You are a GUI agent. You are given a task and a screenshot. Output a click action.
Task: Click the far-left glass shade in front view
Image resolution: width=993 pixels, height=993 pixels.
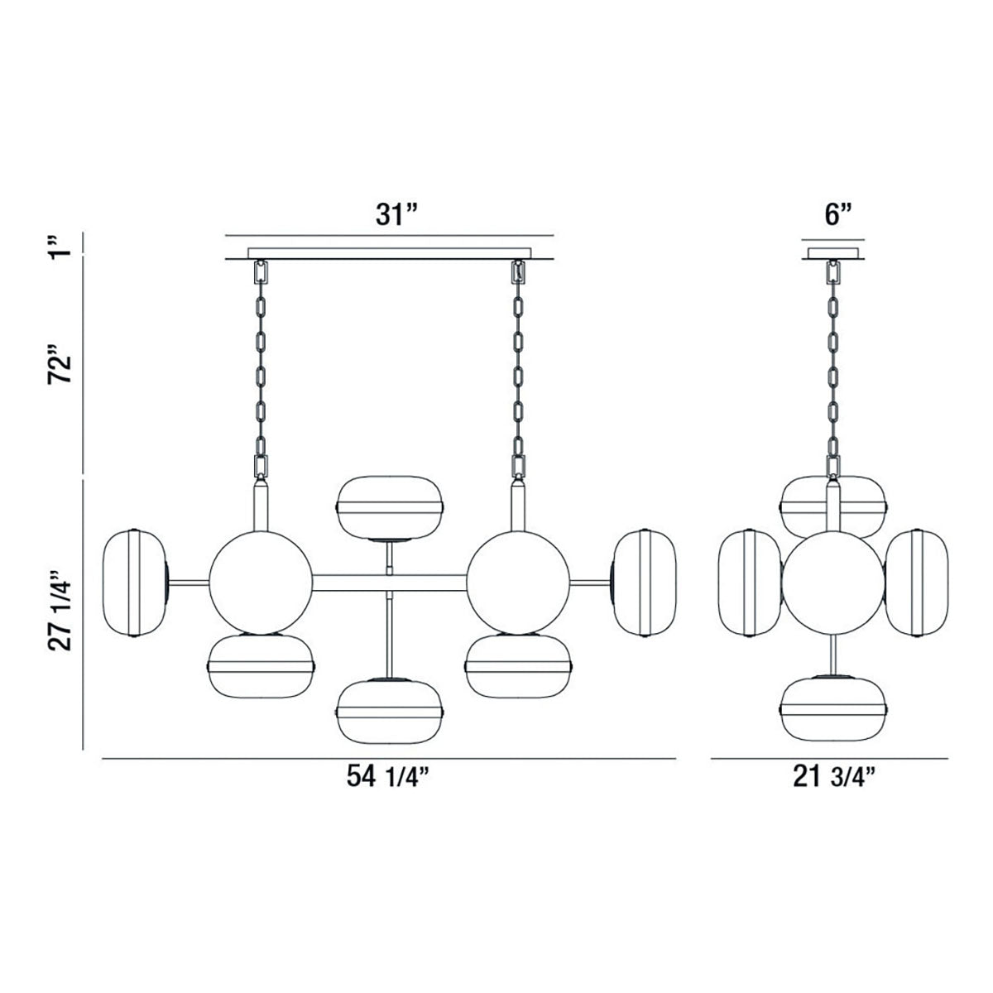(x=132, y=583)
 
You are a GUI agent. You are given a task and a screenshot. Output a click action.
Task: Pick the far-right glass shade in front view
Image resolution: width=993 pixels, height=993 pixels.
(x=645, y=583)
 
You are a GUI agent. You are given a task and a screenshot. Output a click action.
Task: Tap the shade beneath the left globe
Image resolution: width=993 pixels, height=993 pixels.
(x=261, y=665)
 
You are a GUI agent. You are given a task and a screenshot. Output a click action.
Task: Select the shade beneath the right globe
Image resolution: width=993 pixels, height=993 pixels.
(x=518, y=665)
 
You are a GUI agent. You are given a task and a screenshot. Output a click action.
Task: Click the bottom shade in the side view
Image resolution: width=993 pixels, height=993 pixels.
(x=833, y=709)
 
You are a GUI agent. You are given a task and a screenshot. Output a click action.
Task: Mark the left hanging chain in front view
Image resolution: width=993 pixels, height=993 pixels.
(x=261, y=364)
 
